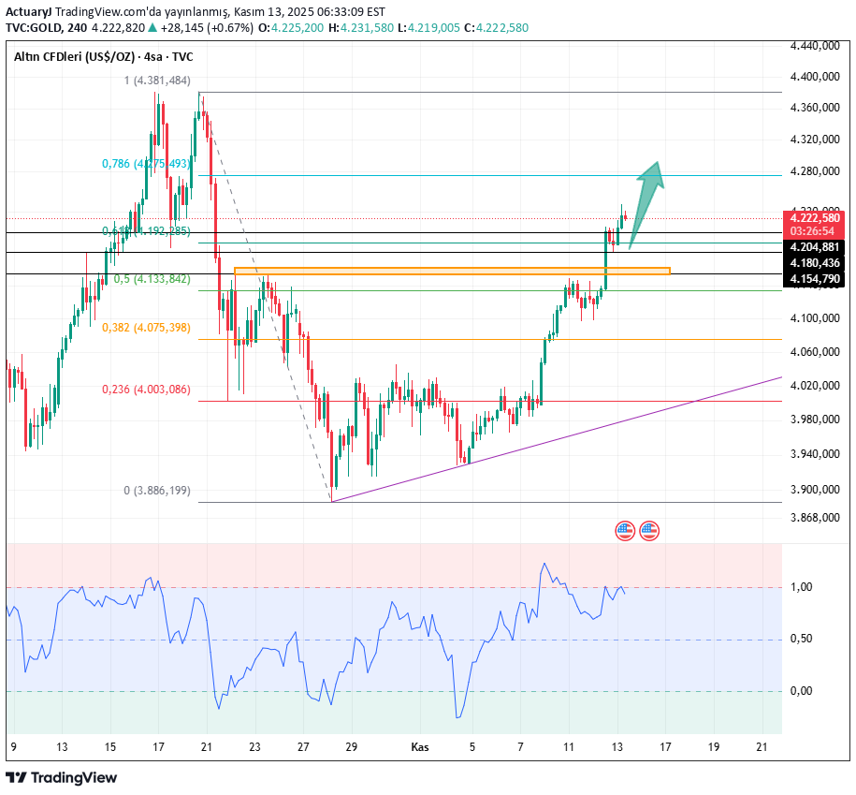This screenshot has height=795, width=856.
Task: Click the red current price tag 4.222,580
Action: coord(815,217)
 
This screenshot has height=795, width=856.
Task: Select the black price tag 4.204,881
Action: coord(815,246)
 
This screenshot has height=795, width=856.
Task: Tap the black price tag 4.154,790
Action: coord(815,279)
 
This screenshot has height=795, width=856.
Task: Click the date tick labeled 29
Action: coord(352,747)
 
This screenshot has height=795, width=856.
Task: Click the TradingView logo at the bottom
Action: coord(62,777)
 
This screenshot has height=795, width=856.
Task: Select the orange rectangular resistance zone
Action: coord(452,272)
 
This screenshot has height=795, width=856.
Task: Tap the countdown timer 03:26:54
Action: coord(815,230)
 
